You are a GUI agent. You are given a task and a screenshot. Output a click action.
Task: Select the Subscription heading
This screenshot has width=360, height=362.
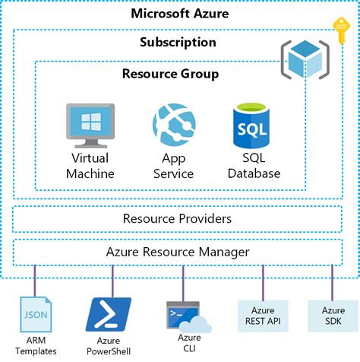tap(178, 43)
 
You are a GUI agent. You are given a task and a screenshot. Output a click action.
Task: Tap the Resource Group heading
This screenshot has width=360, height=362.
tap(170, 74)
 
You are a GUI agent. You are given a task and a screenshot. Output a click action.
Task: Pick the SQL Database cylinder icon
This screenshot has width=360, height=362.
tap(252, 126)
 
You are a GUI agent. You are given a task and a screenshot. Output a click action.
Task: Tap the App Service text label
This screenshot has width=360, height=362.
tap(174, 166)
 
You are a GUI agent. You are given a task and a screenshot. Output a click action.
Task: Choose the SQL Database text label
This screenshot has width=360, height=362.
tap(252, 166)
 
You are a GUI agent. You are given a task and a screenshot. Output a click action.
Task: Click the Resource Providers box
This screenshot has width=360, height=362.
tap(177, 219)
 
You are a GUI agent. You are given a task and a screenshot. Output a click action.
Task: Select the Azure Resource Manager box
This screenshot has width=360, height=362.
tap(177, 251)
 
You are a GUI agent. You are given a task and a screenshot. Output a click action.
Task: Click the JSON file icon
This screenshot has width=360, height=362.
tap(34, 315)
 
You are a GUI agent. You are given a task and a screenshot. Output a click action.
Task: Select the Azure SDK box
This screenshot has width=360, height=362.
tap(332, 316)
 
